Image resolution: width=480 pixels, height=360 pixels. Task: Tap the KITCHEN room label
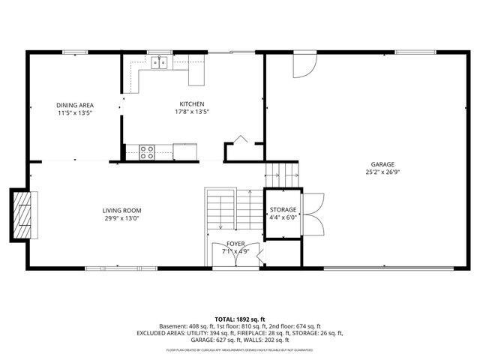click(x=191, y=104)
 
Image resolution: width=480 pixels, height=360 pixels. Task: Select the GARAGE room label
click(x=382, y=164)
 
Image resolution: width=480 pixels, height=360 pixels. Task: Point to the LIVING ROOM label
click(x=121, y=211)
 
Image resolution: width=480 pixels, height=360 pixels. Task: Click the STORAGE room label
click(x=283, y=209)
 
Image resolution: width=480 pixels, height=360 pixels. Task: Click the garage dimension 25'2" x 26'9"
click(x=382, y=172)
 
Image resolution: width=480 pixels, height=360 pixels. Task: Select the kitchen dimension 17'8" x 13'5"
click(x=191, y=112)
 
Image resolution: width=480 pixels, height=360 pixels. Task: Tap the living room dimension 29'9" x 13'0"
click(x=121, y=218)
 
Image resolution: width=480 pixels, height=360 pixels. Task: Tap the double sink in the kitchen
click(x=158, y=63)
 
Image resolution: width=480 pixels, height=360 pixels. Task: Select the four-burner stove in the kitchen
click(x=147, y=152)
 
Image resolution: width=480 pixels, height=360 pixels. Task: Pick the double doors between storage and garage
click(x=313, y=211)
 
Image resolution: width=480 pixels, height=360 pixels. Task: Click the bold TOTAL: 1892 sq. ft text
click(x=240, y=318)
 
